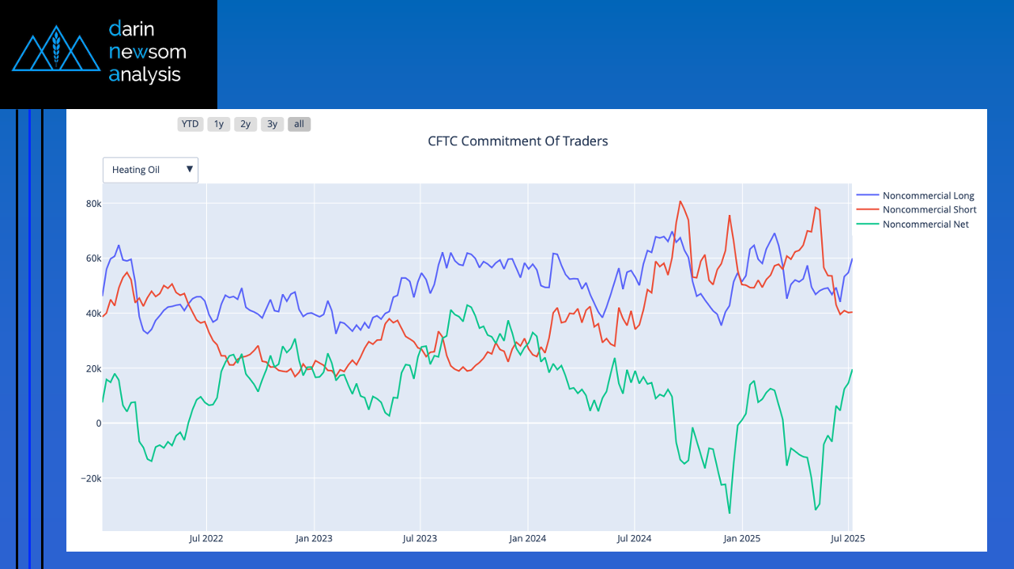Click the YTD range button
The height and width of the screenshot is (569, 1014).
coord(190,124)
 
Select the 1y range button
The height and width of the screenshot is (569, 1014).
coord(219,124)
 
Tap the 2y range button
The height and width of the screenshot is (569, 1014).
coord(246,124)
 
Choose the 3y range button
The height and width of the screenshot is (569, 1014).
coord(272,124)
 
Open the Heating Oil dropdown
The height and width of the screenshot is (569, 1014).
coord(150,170)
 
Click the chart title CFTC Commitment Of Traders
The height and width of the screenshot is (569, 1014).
coord(518,141)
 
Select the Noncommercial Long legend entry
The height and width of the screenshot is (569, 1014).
coord(928,196)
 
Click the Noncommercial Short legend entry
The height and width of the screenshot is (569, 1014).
coord(929,210)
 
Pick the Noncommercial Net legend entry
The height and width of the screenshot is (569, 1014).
coord(925,224)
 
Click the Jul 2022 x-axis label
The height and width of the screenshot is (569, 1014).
coord(206,539)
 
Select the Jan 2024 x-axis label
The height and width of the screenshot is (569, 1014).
coord(527,539)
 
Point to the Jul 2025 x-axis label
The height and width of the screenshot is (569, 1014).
coord(848,539)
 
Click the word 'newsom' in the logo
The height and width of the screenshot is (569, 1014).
coord(148,52)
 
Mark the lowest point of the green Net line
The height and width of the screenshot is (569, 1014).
coord(729,513)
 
